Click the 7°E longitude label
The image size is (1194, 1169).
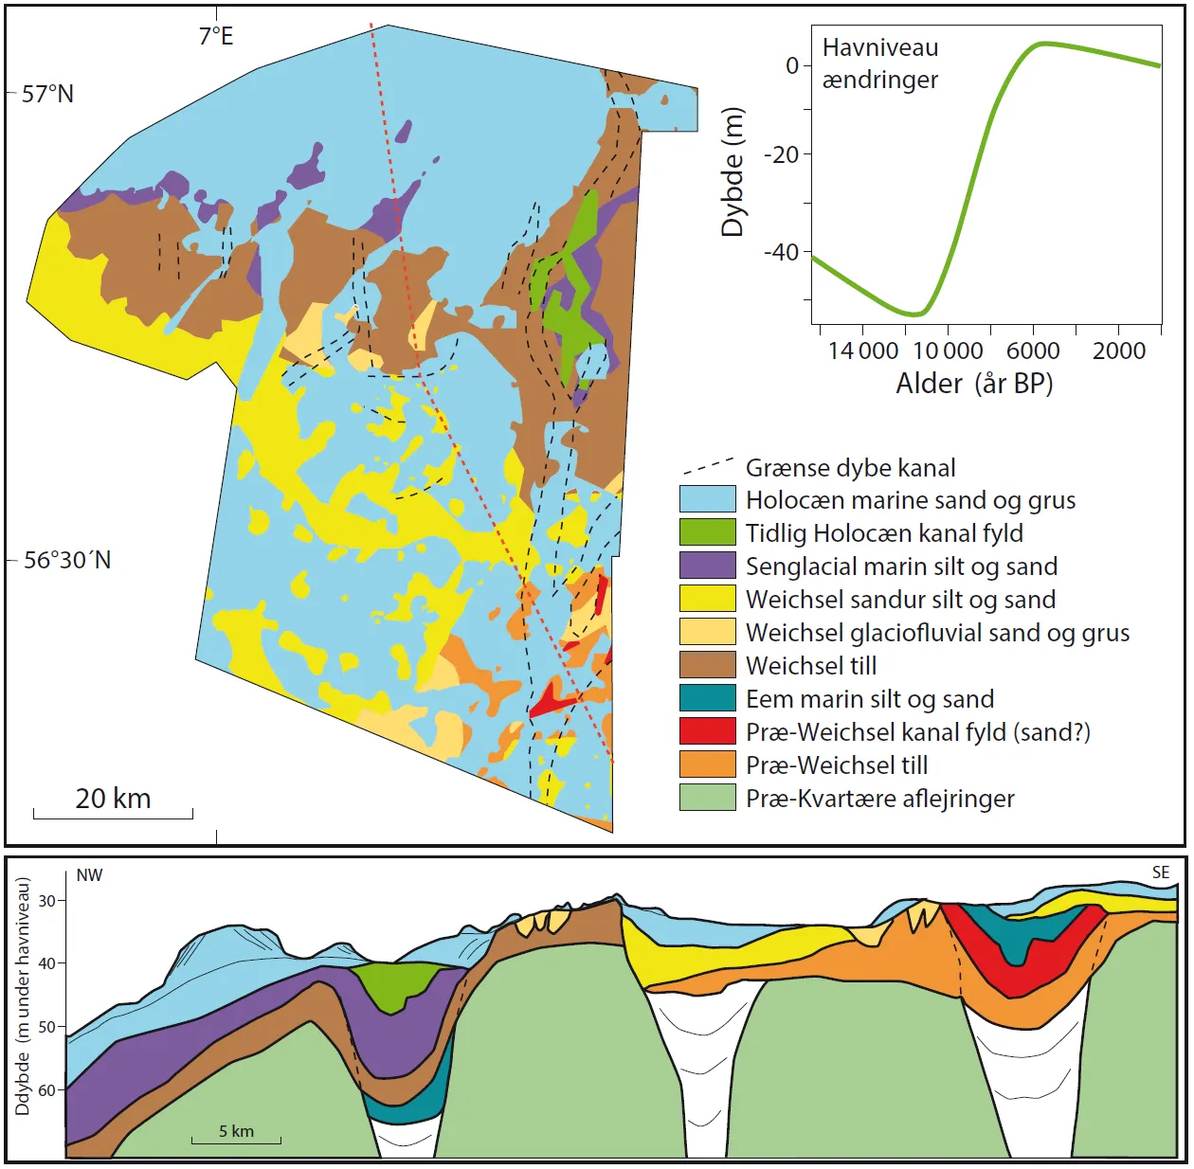point(215,36)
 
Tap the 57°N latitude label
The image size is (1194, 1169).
point(47,94)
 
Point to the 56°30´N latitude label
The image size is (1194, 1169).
point(67,560)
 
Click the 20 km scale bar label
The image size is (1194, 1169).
point(113,799)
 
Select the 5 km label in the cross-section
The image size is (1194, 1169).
point(236,1131)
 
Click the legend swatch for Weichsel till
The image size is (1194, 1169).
point(707,665)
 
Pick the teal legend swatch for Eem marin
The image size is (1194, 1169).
point(707,698)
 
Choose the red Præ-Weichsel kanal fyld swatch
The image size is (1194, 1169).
point(707,731)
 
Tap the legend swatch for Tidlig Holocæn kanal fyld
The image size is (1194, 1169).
point(707,532)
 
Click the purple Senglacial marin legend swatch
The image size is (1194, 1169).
point(707,566)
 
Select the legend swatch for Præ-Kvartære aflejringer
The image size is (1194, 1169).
point(707,798)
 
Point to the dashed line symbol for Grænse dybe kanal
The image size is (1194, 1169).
point(708,466)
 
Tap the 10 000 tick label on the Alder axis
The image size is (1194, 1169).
point(948,351)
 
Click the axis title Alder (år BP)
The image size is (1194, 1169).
point(974,384)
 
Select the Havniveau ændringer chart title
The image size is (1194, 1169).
point(880,63)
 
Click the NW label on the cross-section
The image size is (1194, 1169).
point(89,875)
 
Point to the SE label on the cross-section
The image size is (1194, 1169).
point(1161,872)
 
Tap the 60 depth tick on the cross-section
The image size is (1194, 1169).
point(46,1090)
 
